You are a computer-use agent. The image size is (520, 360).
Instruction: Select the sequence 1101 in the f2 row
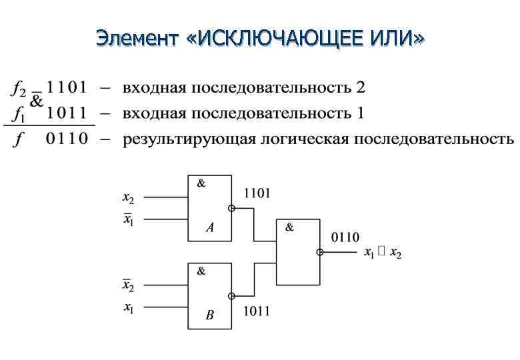[67, 88]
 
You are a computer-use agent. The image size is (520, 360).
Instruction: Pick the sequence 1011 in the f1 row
[67, 113]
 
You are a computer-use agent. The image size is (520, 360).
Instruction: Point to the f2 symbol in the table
[18, 89]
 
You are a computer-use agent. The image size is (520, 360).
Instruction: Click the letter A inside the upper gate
[210, 228]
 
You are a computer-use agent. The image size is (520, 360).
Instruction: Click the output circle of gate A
[231, 208]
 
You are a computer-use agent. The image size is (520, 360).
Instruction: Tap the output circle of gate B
[231, 296]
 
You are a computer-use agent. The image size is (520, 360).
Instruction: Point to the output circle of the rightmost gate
[320, 252]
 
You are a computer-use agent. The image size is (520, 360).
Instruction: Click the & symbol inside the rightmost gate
[289, 227]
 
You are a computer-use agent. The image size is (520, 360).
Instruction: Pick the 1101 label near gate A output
[257, 193]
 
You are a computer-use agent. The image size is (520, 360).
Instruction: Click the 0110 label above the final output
[345, 237]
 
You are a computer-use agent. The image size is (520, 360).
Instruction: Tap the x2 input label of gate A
[128, 197]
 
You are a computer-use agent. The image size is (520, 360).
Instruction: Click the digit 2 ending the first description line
[361, 88]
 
